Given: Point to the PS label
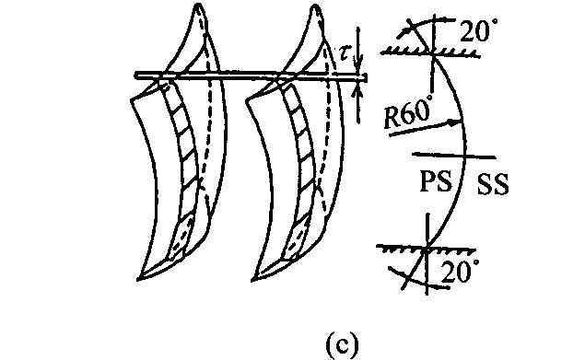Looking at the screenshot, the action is click(434, 180).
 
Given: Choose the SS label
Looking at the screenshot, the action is click(493, 185).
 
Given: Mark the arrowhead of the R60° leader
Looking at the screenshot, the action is click(458, 121).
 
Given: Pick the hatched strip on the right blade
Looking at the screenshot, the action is click(299, 166).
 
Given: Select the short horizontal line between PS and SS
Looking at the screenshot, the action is click(451, 154).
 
